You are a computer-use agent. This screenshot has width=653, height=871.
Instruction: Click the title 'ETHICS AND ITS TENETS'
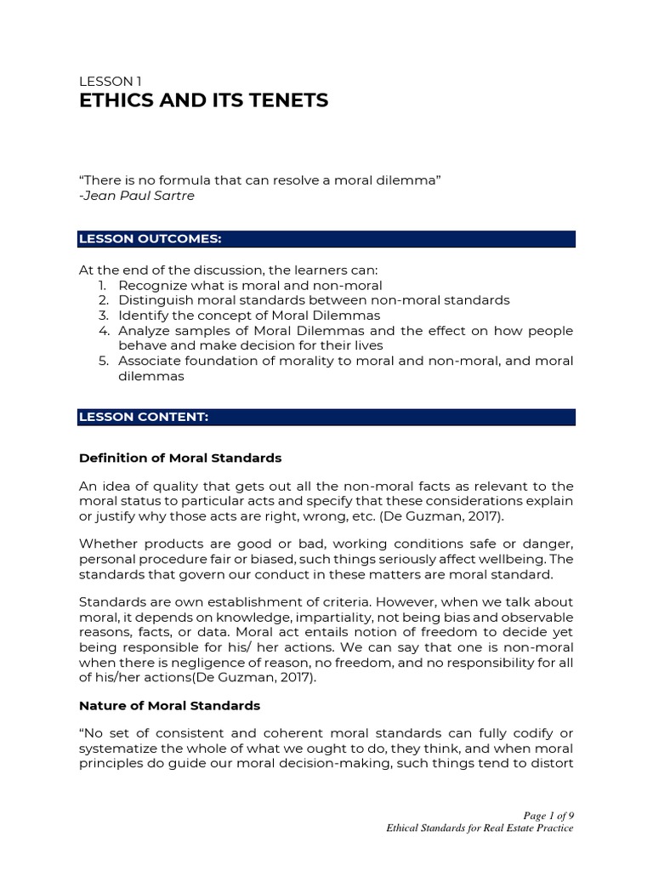[203, 101]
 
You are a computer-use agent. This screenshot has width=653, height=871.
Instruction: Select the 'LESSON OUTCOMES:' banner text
[150, 239]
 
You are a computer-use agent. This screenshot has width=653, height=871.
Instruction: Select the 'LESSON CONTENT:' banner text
[144, 417]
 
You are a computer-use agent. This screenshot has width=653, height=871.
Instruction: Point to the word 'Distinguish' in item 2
[153, 300]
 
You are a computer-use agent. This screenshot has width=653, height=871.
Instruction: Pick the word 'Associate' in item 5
[148, 361]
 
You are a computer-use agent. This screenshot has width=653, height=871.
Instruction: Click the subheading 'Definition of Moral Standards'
[180, 458]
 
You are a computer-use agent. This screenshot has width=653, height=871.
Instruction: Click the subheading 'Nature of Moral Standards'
[169, 706]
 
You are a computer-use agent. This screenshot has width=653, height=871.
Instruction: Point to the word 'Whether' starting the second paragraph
[106, 544]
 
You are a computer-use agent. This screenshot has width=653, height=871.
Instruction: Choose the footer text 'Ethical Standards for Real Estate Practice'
[480, 828]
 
